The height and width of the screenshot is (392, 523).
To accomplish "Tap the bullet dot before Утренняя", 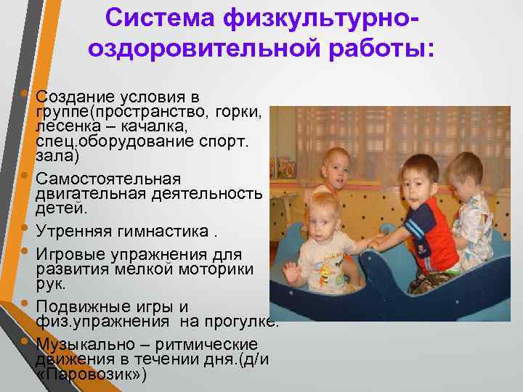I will coord(26,232).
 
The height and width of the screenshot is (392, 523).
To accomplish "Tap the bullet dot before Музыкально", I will coord(26,340).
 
